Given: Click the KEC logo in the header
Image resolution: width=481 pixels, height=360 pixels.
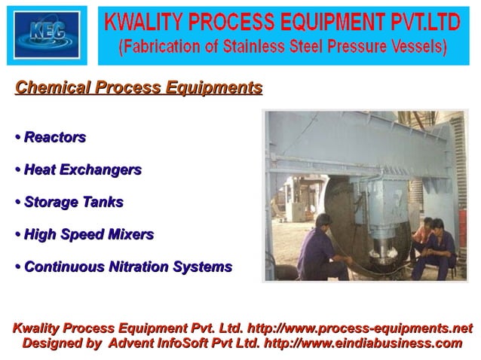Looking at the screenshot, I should (x=47, y=34).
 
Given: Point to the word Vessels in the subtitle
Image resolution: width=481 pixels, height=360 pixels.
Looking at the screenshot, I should (x=418, y=47).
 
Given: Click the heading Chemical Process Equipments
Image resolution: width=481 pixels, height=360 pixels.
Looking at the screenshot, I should (x=139, y=87).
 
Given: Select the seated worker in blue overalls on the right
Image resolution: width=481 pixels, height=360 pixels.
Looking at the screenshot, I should (x=440, y=252).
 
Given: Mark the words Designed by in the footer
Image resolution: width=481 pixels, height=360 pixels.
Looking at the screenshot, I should (x=62, y=343).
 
